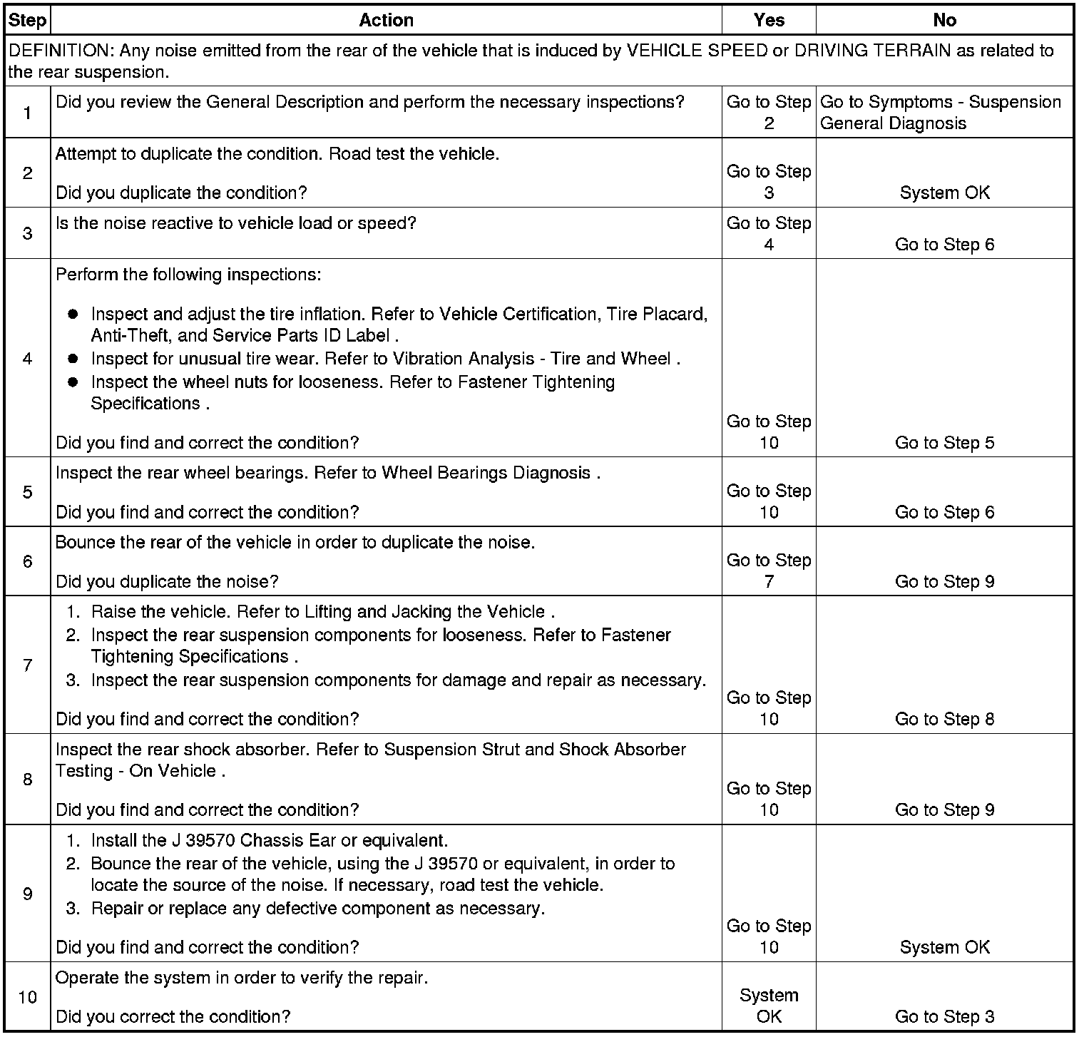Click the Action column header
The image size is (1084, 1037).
coord(386,20)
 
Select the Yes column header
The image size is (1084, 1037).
coord(769,20)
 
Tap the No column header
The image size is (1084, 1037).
coord(944,20)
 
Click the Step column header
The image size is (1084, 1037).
coord(27,20)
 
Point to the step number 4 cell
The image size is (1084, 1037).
coord(27,358)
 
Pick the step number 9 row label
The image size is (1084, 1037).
coord(27,894)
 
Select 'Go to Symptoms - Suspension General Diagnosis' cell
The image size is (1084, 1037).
coord(941,113)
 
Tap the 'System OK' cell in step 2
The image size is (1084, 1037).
coord(944,193)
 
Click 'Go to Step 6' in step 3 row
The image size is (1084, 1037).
coord(944,245)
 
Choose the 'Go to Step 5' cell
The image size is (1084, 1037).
coord(944,443)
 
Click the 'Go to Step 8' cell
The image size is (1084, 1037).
coord(944,719)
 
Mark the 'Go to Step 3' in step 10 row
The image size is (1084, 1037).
coord(944,1016)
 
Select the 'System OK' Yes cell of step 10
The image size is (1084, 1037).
coord(769,1006)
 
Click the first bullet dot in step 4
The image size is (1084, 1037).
coord(73,315)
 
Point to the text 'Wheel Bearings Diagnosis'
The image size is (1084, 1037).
coord(486,473)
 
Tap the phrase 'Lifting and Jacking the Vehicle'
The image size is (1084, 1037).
coord(424,612)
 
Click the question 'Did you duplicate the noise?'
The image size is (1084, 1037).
coord(167,582)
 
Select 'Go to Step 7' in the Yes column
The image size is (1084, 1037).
coord(769,571)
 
